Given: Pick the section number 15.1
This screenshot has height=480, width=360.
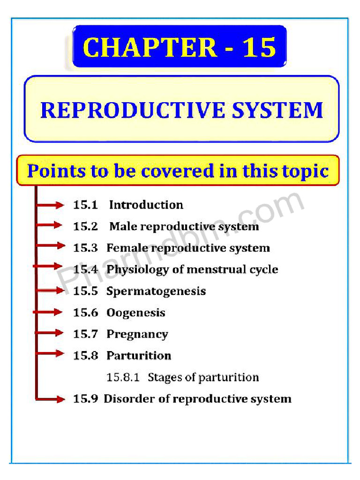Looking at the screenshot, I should pos(85,205).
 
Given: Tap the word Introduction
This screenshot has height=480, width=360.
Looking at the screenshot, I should pos(146,205).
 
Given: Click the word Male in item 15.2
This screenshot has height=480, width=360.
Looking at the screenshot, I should pos(123,226).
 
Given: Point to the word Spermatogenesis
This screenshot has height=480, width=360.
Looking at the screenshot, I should pos(156,291).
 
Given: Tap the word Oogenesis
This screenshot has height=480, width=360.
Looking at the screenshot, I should pos(136,313).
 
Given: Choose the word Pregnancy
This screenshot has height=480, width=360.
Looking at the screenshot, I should pos(137,334).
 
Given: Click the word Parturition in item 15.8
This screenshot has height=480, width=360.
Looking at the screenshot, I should pos(139,356).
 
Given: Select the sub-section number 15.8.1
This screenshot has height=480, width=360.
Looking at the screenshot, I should pos(123,377).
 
